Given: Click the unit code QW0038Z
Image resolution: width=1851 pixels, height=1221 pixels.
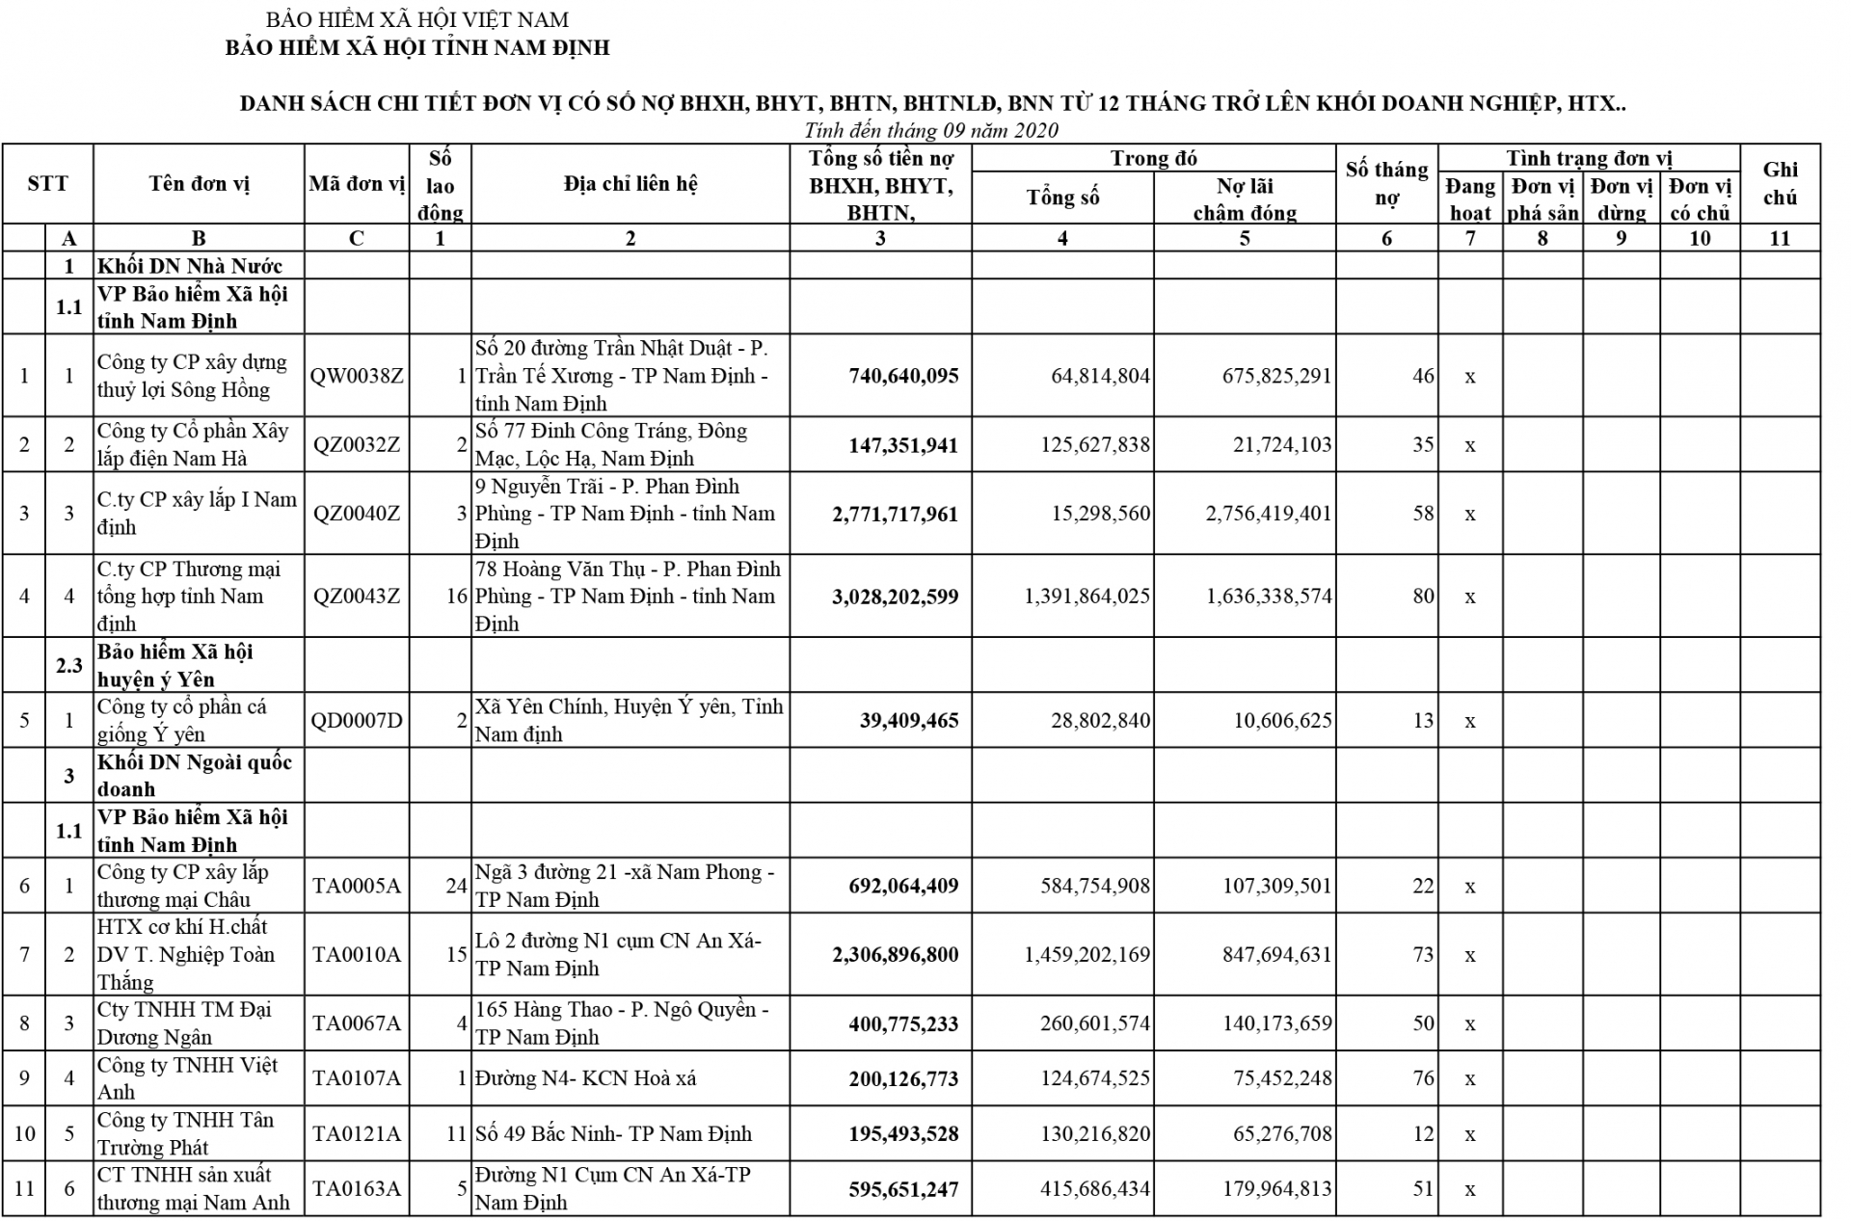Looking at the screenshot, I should [357, 376].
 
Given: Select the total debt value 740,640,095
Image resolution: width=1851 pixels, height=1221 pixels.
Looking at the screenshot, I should [903, 376].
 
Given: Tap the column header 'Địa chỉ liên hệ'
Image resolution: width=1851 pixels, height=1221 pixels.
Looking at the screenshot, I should [630, 184].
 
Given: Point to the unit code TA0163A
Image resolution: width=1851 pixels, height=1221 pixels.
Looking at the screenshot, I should [357, 1188].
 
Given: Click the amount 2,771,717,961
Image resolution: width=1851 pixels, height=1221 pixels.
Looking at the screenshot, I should [896, 514].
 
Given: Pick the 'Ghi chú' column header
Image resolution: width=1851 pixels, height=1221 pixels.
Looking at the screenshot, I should [1780, 183].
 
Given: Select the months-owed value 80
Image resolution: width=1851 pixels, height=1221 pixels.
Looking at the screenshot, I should [1423, 596].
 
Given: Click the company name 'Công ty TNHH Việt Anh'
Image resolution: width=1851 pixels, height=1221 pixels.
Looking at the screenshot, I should [187, 1078].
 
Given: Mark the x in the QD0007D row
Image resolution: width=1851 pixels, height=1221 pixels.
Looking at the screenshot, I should [1469, 721].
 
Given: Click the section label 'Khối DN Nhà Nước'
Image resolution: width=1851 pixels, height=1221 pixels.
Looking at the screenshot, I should [189, 266].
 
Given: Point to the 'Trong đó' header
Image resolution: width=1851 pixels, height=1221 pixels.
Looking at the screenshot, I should [1153, 158].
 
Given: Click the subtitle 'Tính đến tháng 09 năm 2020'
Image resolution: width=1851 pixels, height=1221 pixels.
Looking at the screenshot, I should [931, 130].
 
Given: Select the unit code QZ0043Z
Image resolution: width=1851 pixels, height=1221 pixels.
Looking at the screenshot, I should [357, 596].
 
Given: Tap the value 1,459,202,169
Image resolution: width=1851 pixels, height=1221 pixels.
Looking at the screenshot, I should [1086, 955].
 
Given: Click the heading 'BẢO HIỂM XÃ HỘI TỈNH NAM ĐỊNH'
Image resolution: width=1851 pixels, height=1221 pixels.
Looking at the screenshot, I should [417, 47].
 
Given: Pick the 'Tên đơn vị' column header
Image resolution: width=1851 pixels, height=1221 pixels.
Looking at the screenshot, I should [199, 184].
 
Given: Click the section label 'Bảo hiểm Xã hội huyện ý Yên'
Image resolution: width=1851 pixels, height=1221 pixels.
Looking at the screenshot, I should [174, 665].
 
